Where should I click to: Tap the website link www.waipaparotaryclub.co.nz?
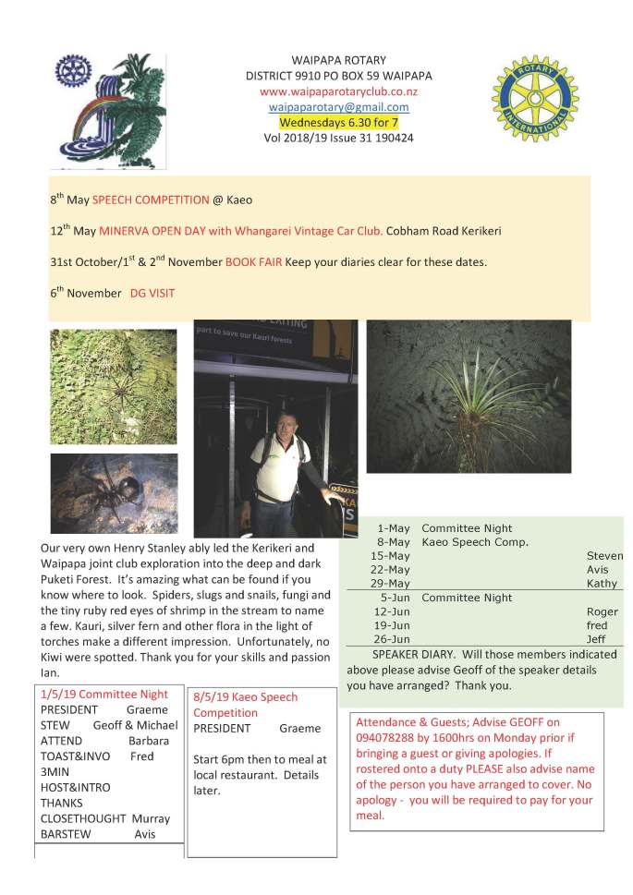(339, 91)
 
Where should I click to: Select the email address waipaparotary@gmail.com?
(339, 106)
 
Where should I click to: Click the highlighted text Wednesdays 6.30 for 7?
(339, 121)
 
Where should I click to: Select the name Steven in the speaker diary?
(604, 556)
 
